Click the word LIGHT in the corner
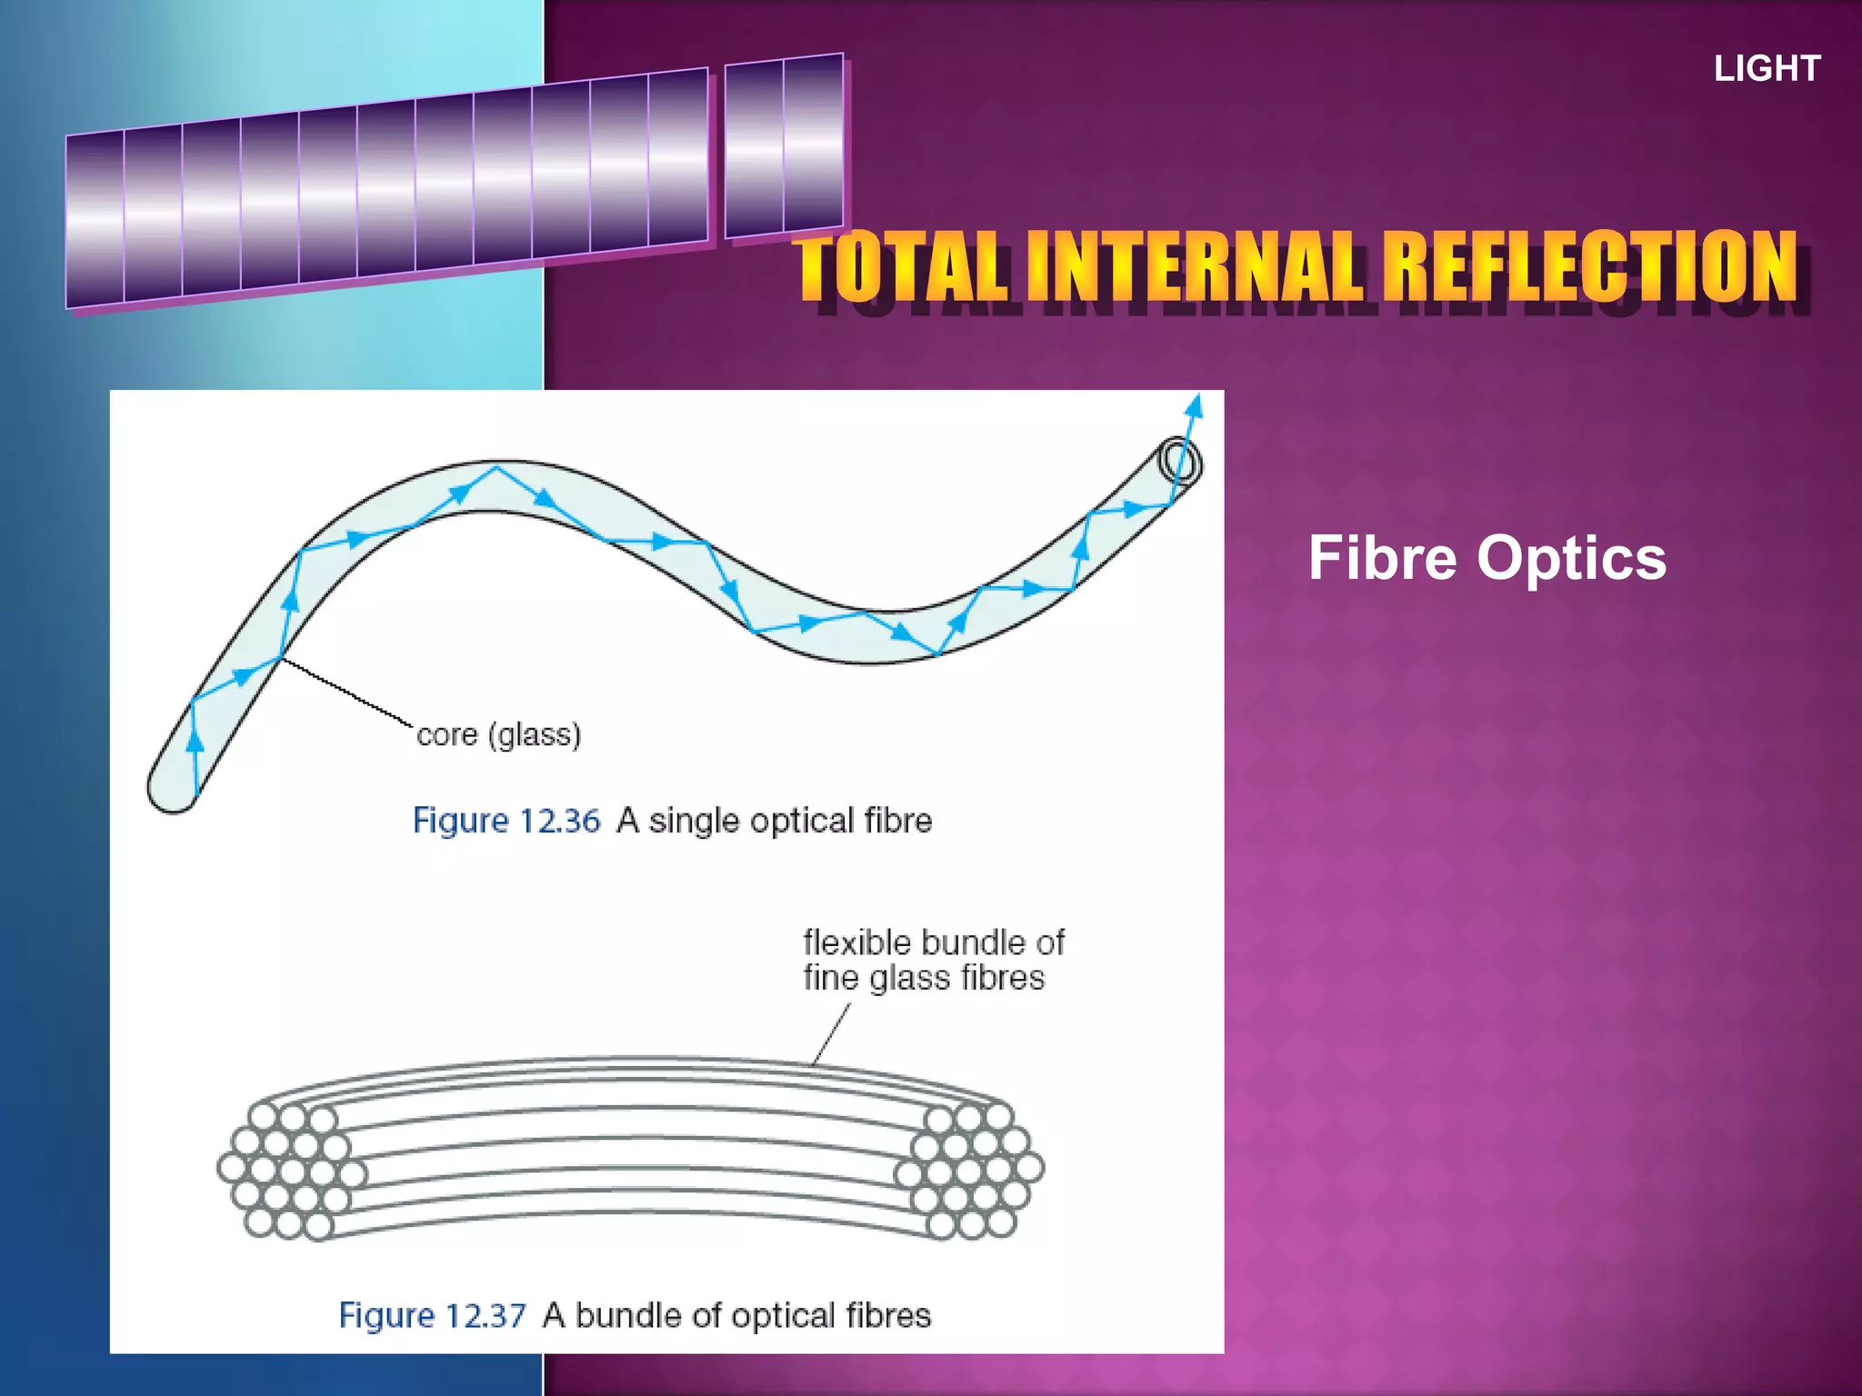[x=1767, y=69]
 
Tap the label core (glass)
[x=498, y=734]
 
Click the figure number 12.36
[x=558, y=821]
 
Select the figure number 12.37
[x=484, y=1315]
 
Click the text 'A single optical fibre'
[x=775, y=821]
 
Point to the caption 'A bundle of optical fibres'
[x=736, y=1315]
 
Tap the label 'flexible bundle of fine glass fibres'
[x=933, y=960]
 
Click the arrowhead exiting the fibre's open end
[x=1195, y=405]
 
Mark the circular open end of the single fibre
[x=1179, y=461]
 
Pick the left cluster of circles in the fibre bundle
[x=289, y=1170]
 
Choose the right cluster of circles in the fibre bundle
[x=971, y=1170]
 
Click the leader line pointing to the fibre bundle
[x=831, y=1034]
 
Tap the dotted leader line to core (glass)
[x=345, y=692]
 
